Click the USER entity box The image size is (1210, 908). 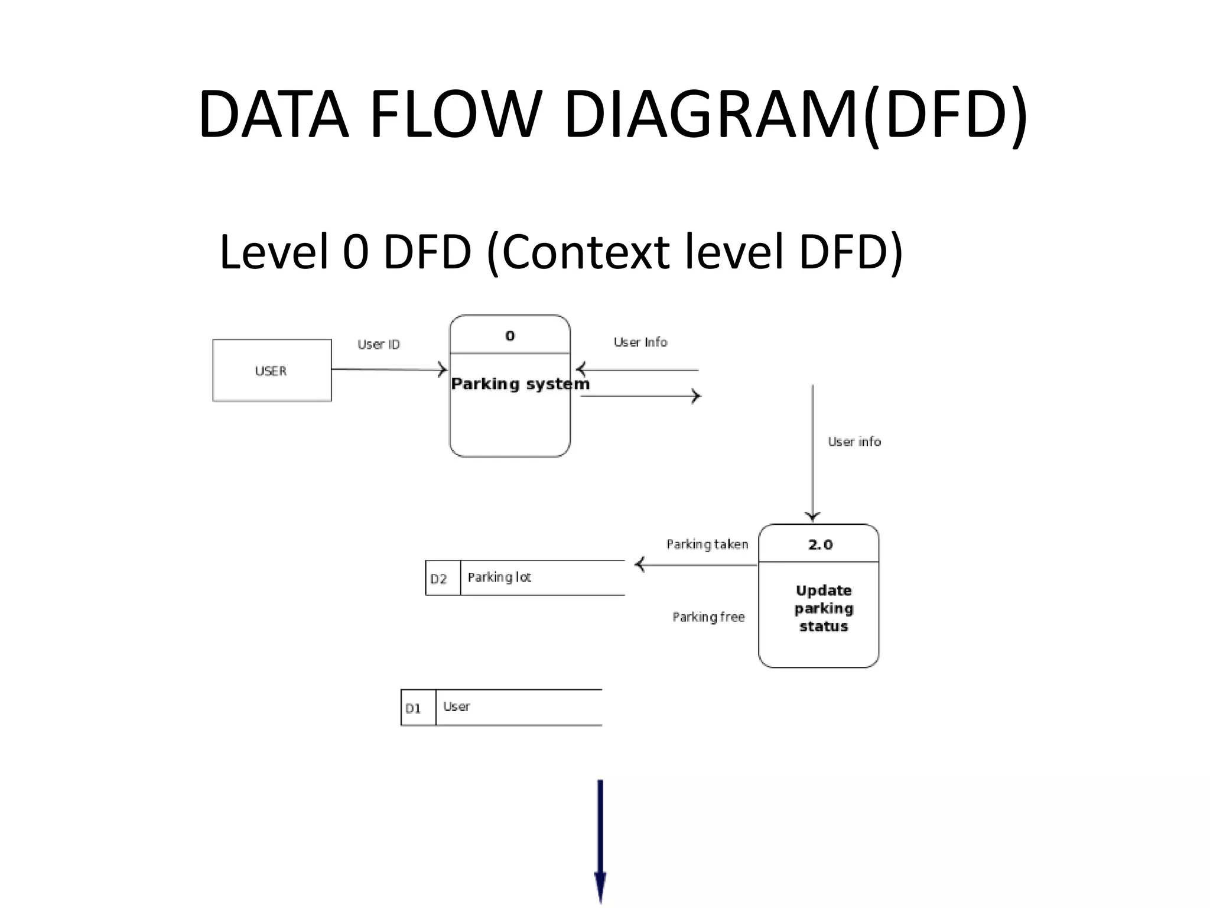272,371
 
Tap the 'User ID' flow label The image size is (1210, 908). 379,345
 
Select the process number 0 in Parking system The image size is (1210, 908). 510,336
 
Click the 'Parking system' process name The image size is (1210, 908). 520,384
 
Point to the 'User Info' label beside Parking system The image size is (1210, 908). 640,342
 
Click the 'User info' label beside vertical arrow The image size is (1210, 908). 854,442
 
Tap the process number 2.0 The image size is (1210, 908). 820,544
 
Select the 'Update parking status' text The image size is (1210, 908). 824,608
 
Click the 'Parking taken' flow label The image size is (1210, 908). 707,544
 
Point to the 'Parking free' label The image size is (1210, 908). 708,617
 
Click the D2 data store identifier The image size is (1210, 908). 439,579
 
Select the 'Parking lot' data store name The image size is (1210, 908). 499,577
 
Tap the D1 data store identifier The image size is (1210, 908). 414,708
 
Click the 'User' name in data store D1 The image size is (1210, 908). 457,706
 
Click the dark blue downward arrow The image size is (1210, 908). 600,839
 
